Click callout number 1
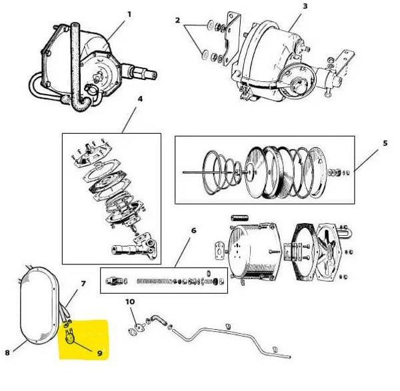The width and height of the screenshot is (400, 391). pyautogui.click(x=129, y=14)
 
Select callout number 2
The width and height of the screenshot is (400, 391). pyautogui.click(x=177, y=20)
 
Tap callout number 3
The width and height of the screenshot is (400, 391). pyautogui.click(x=305, y=6)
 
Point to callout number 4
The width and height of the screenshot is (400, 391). pyautogui.click(x=140, y=99)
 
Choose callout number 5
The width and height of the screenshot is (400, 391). pyautogui.click(x=385, y=143)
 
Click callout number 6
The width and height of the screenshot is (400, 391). pyautogui.click(x=194, y=230)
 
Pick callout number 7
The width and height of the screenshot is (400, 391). pyautogui.click(x=83, y=284)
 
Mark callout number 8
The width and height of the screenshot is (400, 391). pyautogui.click(x=7, y=352)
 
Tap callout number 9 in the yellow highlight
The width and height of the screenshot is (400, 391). pyautogui.click(x=99, y=353)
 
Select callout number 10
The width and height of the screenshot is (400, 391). pyautogui.click(x=130, y=302)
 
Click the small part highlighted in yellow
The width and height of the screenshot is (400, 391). pyautogui.click(x=69, y=336)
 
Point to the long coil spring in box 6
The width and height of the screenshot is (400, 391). pyautogui.click(x=155, y=281)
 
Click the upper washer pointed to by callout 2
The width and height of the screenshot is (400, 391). pyautogui.click(x=211, y=25)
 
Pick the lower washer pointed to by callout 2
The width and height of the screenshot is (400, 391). pyautogui.click(x=205, y=55)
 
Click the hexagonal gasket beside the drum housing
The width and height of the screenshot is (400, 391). pyautogui.click(x=304, y=252)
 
